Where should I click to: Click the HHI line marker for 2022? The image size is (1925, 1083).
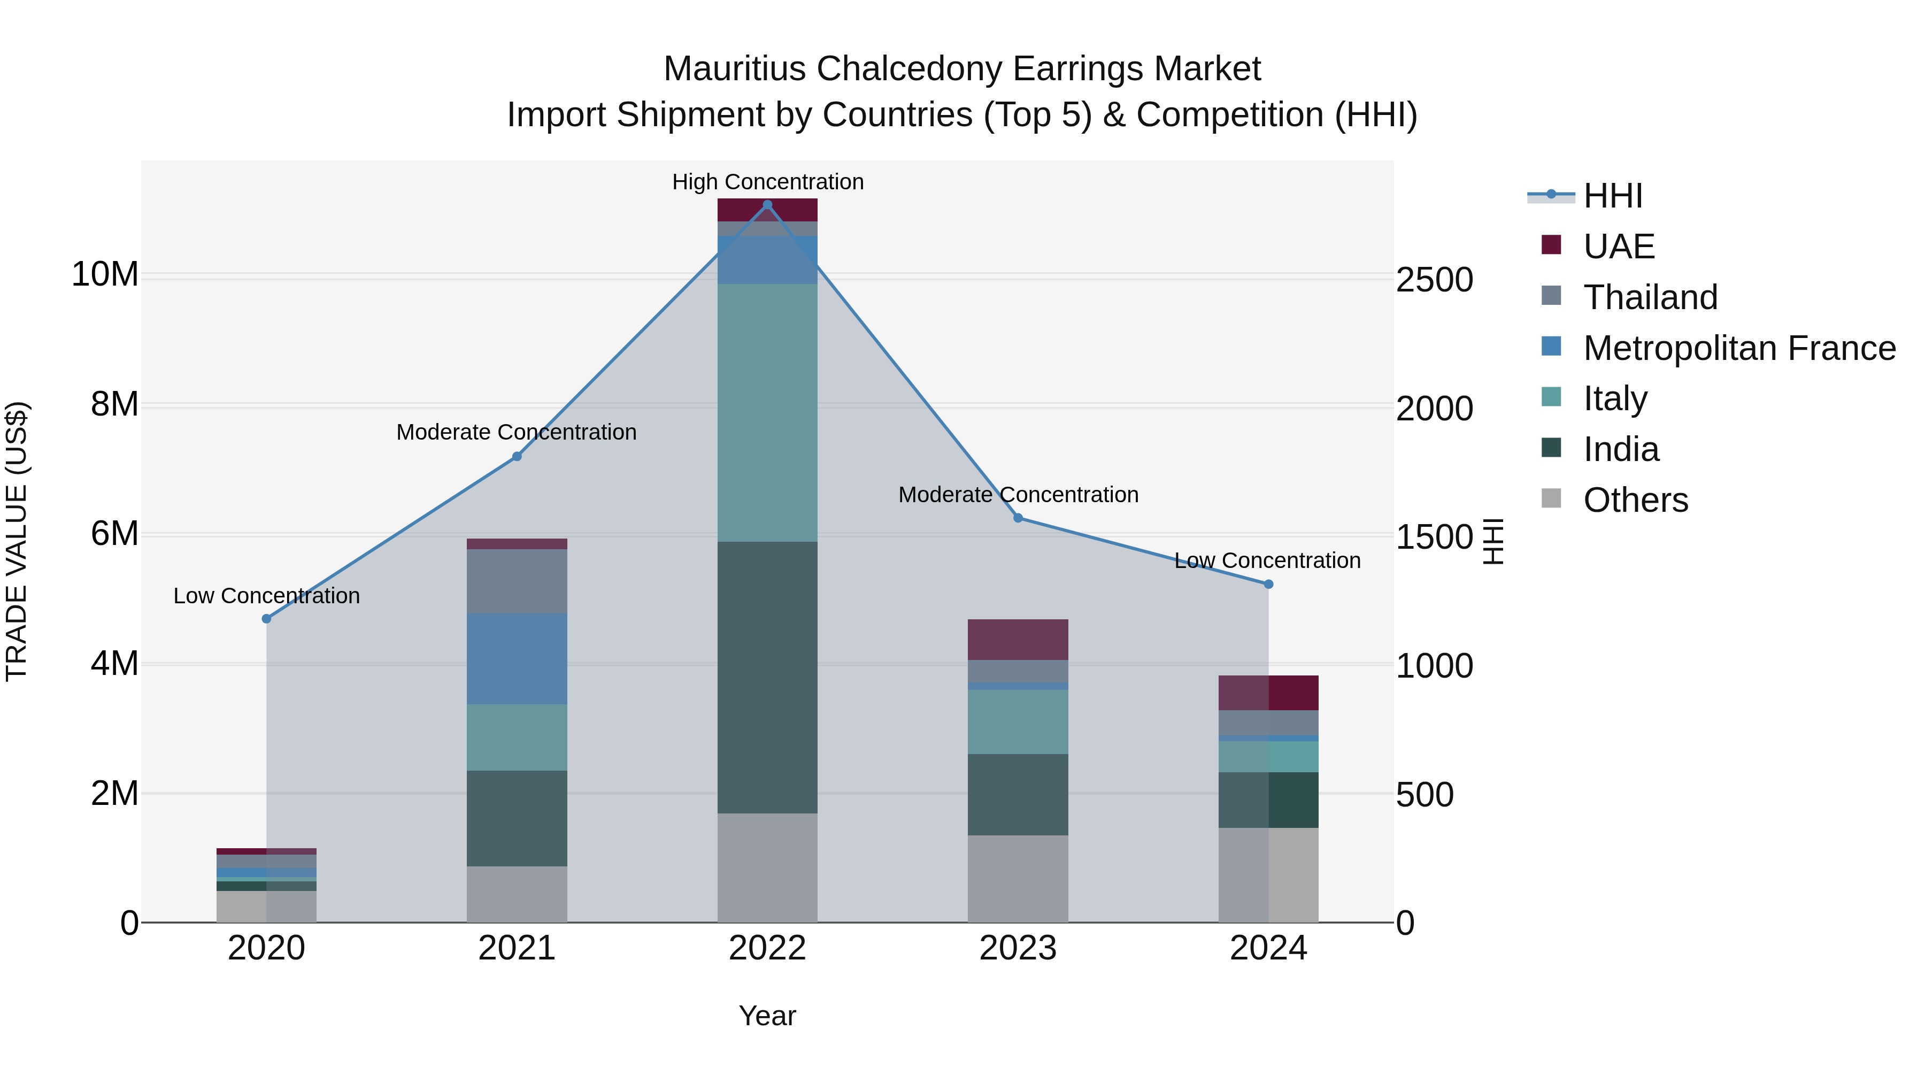(x=767, y=205)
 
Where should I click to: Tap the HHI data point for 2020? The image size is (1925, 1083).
(x=267, y=619)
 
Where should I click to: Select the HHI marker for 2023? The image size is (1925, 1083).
(x=1018, y=518)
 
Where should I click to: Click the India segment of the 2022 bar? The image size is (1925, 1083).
(x=767, y=677)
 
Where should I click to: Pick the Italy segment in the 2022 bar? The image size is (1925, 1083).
(x=767, y=412)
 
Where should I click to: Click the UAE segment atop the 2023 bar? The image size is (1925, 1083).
(x=1018, y=640)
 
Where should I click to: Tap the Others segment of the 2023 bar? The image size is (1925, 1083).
(x=1018, y=879)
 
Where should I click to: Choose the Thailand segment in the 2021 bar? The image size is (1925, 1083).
(x=517, y=581)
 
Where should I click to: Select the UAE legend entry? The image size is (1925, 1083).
(x=1619, y=247)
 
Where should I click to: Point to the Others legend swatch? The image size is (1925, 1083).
(x=1551, y=498)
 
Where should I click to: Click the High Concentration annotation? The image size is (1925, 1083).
(x=767, y=182)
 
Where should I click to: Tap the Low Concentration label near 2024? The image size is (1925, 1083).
(x=1267, y=560)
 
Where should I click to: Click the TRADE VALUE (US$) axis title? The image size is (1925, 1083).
(x=17, y=541)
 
